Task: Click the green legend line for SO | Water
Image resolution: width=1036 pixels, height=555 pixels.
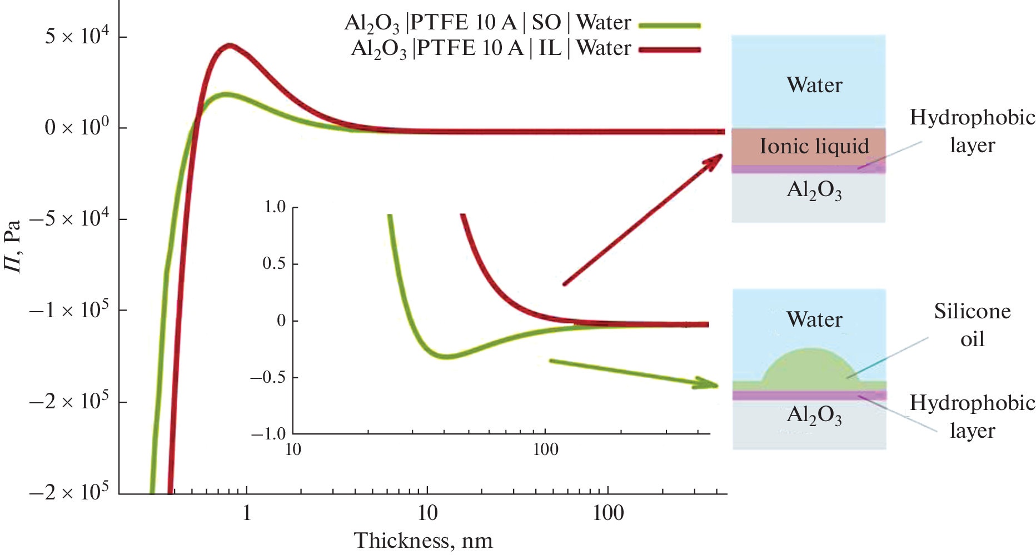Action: click(x=669, y=25)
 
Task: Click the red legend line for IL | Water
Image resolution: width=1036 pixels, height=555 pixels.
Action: click(x=669, y=50)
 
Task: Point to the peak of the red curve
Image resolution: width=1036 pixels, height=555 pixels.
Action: click(x=228, y=46)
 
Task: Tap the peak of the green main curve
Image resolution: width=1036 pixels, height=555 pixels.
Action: click(x=225, y=94)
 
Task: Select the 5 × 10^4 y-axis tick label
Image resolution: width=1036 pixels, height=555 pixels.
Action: click(x=78, y=37)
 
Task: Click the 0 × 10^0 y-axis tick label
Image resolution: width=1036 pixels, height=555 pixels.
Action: click(x=78, y=127)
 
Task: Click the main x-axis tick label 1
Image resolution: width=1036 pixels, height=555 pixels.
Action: click(x=247, y=513)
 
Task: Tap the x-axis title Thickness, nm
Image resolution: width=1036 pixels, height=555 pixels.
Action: click(x=423, y=541)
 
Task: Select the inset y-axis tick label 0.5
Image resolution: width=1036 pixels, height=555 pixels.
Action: click(x=274, y=263)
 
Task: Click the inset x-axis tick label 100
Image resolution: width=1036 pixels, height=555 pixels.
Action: click(x=545, y=449)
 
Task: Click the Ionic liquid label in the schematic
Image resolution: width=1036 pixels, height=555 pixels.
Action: click(x=814, y=146)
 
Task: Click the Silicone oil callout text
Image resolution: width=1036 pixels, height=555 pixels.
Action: click(x=972, y=325)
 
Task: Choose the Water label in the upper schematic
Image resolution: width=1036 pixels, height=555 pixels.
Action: click(x=814, y=85)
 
